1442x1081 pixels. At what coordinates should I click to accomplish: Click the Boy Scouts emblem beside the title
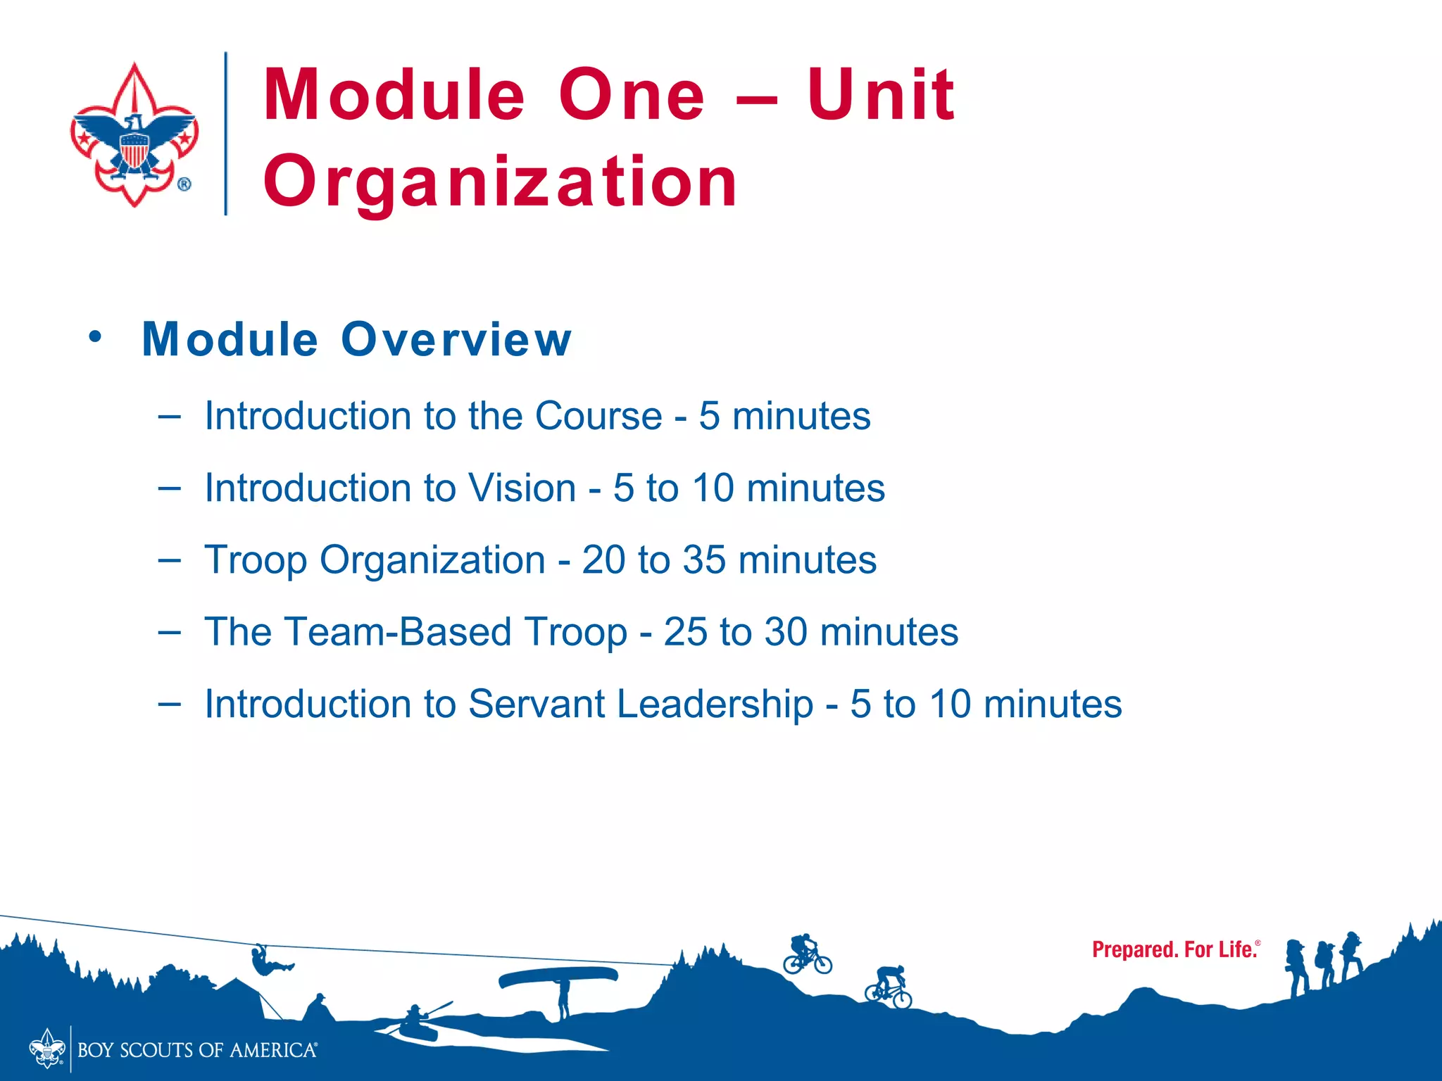pyautogui.click(x=134, y=134)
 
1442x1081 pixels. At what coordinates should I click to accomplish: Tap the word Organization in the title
pyautogui.click(x=500, y=182)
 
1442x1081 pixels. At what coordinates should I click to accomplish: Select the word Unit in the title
pyautogui.click(x=880, y=95)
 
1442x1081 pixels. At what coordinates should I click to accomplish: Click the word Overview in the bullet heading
pyautogui.click(x=456, y=339)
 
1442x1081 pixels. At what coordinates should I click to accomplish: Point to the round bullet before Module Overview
pyautogui.click(x=95, y=336)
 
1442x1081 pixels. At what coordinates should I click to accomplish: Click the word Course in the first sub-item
pyautogui.click(x=598, y=416)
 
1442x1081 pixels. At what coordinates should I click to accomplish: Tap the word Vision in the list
pyautogui.click(x=522, y=488)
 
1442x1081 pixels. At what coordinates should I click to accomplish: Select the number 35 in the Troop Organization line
pyautogui.click(x=704, y=560)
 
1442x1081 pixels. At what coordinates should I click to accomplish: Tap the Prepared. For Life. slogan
pyautogui.click(x=1175, y=950)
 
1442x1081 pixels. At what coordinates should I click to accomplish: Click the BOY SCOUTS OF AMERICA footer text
pyautogui.click(x=197, y=1051)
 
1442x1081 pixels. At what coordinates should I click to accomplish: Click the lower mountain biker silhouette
pyautogui.click(x=889, y=987)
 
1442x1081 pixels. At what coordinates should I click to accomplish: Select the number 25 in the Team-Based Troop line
pyautogui.click(x=685, y=632)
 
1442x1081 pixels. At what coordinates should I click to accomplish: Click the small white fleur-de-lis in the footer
pyautogui.click(x=46, y=1049)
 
